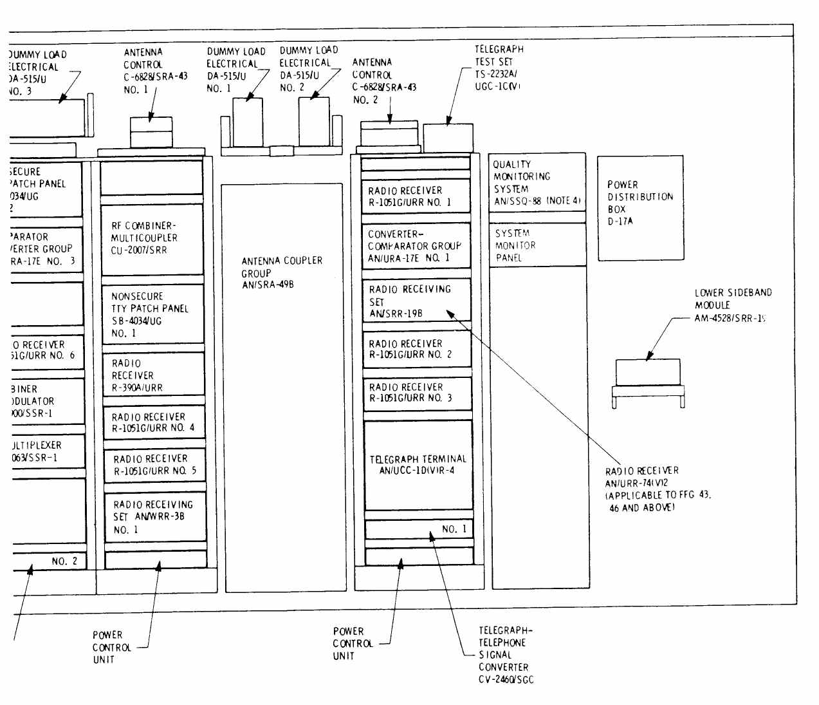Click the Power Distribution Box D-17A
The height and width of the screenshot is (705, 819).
tap(640, 208)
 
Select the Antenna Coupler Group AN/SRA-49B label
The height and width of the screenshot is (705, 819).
tap(282, 272)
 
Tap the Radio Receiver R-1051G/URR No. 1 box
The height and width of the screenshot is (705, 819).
tap(416, 196)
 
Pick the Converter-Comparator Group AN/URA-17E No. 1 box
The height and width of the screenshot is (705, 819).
tap(416, 246)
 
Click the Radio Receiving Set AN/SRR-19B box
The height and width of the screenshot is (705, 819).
tap(416, 301)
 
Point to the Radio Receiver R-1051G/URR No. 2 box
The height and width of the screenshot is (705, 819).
tap(416, 349)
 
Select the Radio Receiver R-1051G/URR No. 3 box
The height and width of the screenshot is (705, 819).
tap(416, 393)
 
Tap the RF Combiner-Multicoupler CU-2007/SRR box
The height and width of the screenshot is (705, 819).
tap(152, 239)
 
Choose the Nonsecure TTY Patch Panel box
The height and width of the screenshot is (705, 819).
tap(152, 314)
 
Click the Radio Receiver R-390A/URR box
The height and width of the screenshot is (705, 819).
tap(152, 375)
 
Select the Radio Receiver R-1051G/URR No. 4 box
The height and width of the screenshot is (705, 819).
tap(154, 422)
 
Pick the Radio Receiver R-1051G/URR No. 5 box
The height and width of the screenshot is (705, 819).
tap(154, 465)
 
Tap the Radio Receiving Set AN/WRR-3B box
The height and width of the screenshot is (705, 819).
tap(154, 516)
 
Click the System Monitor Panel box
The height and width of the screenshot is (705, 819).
tap(537, 245)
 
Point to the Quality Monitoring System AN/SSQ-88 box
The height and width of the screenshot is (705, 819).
tap(537, 182)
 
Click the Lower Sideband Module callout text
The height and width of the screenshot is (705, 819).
tap(733, 305)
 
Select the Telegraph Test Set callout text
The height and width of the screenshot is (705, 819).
tap(499, 67)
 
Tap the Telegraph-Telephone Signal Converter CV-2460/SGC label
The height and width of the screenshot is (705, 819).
tap(505, 655)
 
